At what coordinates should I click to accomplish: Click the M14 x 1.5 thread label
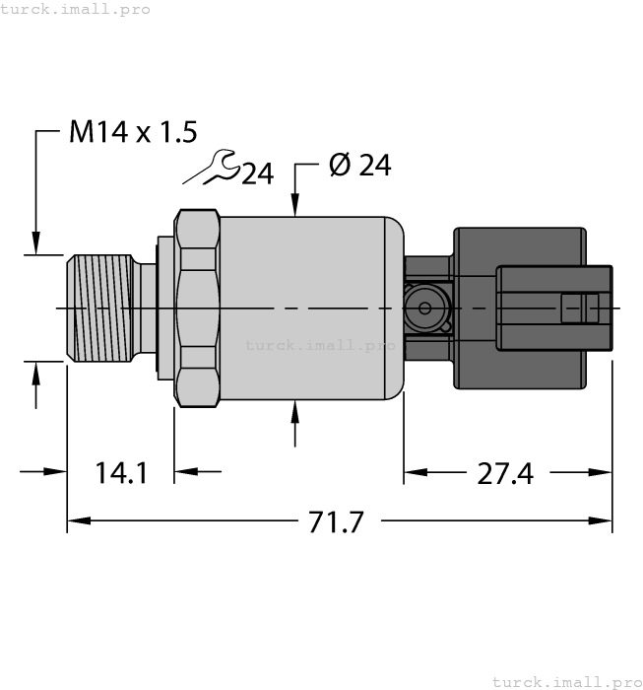(133, 131)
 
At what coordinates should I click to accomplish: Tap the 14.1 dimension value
(121, 473)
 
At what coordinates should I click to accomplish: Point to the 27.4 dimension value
(505, 473)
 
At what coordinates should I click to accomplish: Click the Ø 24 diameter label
(359, 166)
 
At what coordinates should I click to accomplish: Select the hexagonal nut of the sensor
(197, 308)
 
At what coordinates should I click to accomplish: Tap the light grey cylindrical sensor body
(305, 286)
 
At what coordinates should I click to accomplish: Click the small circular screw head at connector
(425, 309)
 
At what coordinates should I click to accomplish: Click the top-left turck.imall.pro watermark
(76, 9)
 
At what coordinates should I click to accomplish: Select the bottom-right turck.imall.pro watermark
(566, 681)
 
